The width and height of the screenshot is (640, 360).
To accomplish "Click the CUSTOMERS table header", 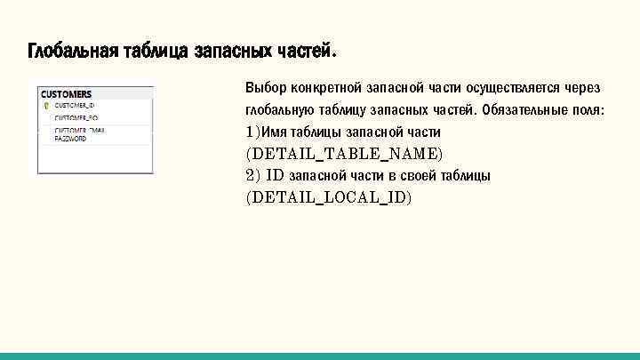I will pos(67,93).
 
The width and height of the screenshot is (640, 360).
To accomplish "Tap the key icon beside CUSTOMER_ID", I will pos(46,105).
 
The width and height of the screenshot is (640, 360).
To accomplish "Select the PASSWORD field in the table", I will pos(71,139).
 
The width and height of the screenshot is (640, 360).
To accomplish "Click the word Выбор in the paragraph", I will pos(265,89).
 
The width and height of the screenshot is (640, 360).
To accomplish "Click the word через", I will pos(583,89).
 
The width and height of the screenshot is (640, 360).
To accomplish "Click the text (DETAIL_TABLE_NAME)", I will pos(343,154).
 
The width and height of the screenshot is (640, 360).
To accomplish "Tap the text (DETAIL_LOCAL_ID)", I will pos(329,197).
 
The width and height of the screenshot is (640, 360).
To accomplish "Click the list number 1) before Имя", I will pos(252,132).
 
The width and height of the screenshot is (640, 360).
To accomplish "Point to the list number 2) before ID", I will pos(252,175).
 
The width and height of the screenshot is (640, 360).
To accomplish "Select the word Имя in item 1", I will pos(274,132).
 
